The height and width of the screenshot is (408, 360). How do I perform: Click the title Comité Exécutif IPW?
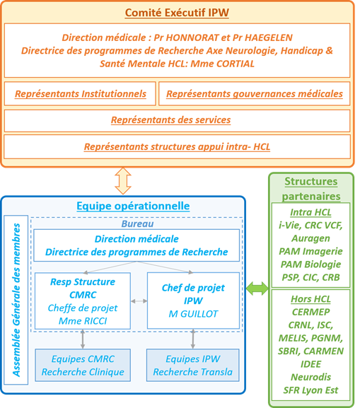[x=177, y=13]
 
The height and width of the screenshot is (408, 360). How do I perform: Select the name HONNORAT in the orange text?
[x=192, y=37]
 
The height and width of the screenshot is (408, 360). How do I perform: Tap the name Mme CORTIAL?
[x=222, y=64]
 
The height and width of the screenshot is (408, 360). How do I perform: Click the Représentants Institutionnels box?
[x=80, y=93]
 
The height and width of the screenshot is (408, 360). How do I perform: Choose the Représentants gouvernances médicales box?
[x=255, y=93]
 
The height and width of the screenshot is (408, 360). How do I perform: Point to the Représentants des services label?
[x=170, y=120]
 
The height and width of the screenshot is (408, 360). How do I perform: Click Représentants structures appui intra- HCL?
[x=177, y=147]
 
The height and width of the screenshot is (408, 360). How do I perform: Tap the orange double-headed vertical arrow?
[x=123, y=181]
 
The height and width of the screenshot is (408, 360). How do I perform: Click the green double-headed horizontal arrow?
[x=257, y=288]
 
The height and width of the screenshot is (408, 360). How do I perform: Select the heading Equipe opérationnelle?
[x=133, y=206]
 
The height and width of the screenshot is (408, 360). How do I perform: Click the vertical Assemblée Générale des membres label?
[x=16, y=300]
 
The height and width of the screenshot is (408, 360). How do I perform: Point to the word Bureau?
[x=137, y=223]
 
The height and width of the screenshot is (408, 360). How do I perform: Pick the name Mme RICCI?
[x=83, y=321]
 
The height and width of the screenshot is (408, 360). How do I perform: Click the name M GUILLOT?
[x=193, y=314]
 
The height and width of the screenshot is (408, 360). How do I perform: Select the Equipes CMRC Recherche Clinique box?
[x=83, y=366]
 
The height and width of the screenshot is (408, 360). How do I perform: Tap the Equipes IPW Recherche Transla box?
[x=193, y=366]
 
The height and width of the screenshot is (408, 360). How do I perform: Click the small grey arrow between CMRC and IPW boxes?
[x=139, y=301]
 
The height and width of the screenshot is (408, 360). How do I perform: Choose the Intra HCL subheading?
[x=310, y=212]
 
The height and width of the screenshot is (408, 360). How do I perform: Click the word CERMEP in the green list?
[x=310, y=312]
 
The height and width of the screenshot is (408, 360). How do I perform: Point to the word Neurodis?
[x=310, y=377]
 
